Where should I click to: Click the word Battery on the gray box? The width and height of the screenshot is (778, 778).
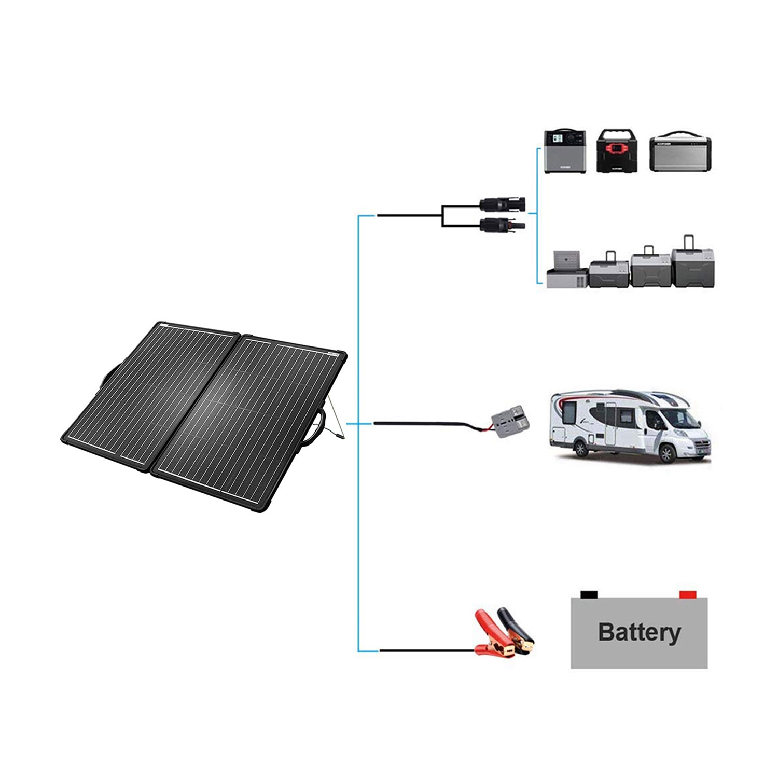639,632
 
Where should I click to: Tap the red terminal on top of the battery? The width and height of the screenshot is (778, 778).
688,594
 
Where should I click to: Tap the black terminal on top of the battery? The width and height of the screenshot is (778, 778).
589,594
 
